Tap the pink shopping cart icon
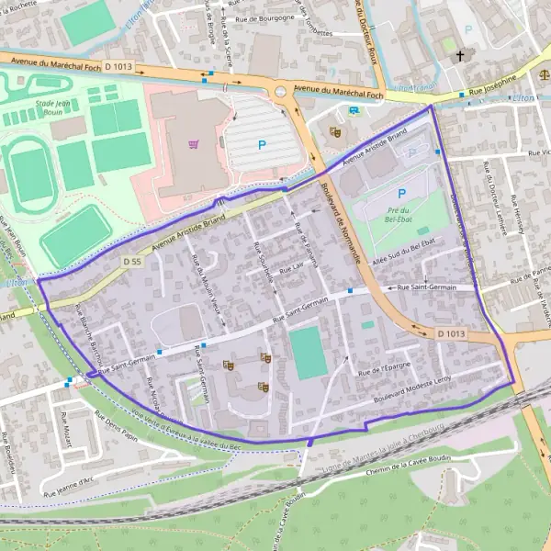[193, 143]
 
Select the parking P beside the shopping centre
[262, 144]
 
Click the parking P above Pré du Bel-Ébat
[400, 193]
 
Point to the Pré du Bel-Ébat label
[398, 214]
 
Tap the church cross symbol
[461, 56]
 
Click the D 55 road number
[132, 262]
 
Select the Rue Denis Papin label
[117, 426]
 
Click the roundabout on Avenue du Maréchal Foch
[281, 89]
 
